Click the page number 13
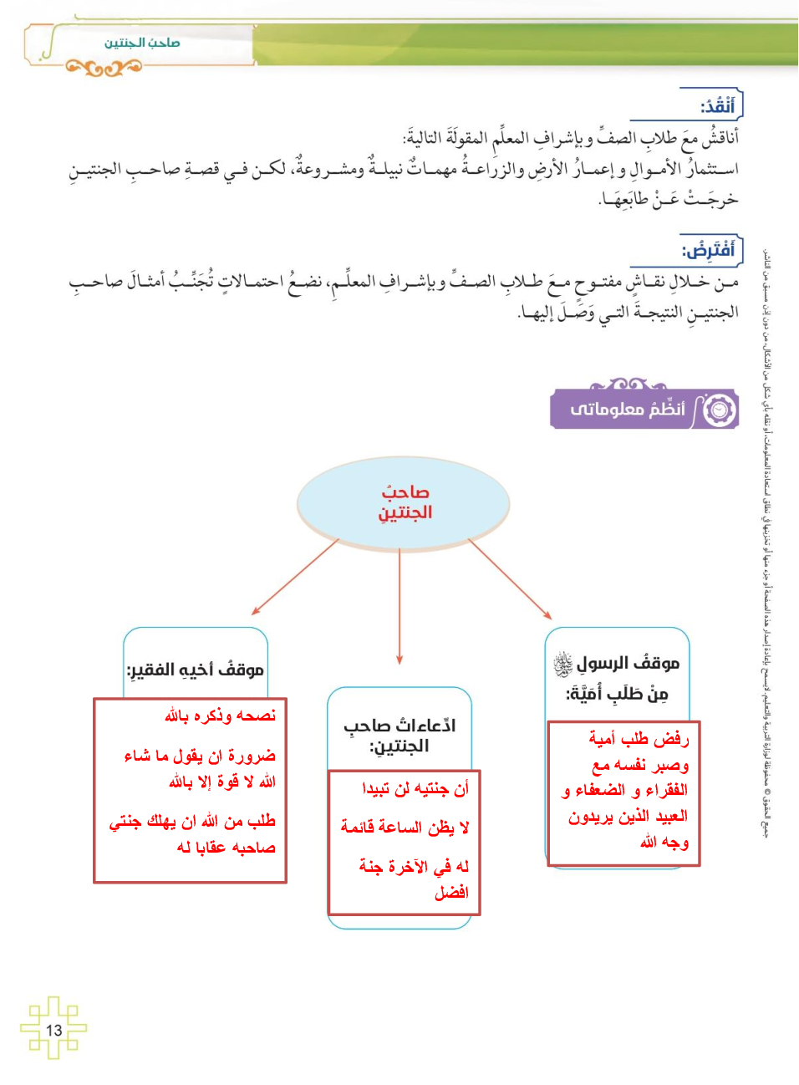[54, 1030]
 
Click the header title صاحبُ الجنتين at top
[142, 43]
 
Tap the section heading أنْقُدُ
[717, 106]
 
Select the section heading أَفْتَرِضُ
[709, 250]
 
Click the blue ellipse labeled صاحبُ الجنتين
[403, 502]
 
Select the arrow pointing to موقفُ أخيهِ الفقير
[294, 578]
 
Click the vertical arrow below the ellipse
[399, 606]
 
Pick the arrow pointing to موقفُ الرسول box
[511, 579]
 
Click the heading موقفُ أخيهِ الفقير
[196, 670]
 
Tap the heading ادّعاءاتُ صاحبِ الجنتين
[399, 736]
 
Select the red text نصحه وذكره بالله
[220, 716]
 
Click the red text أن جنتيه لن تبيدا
[415, 788]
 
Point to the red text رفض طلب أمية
[639, 739]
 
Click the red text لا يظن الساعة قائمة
[405, 828]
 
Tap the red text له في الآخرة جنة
[414, 867]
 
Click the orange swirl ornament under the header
[104, 68]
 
